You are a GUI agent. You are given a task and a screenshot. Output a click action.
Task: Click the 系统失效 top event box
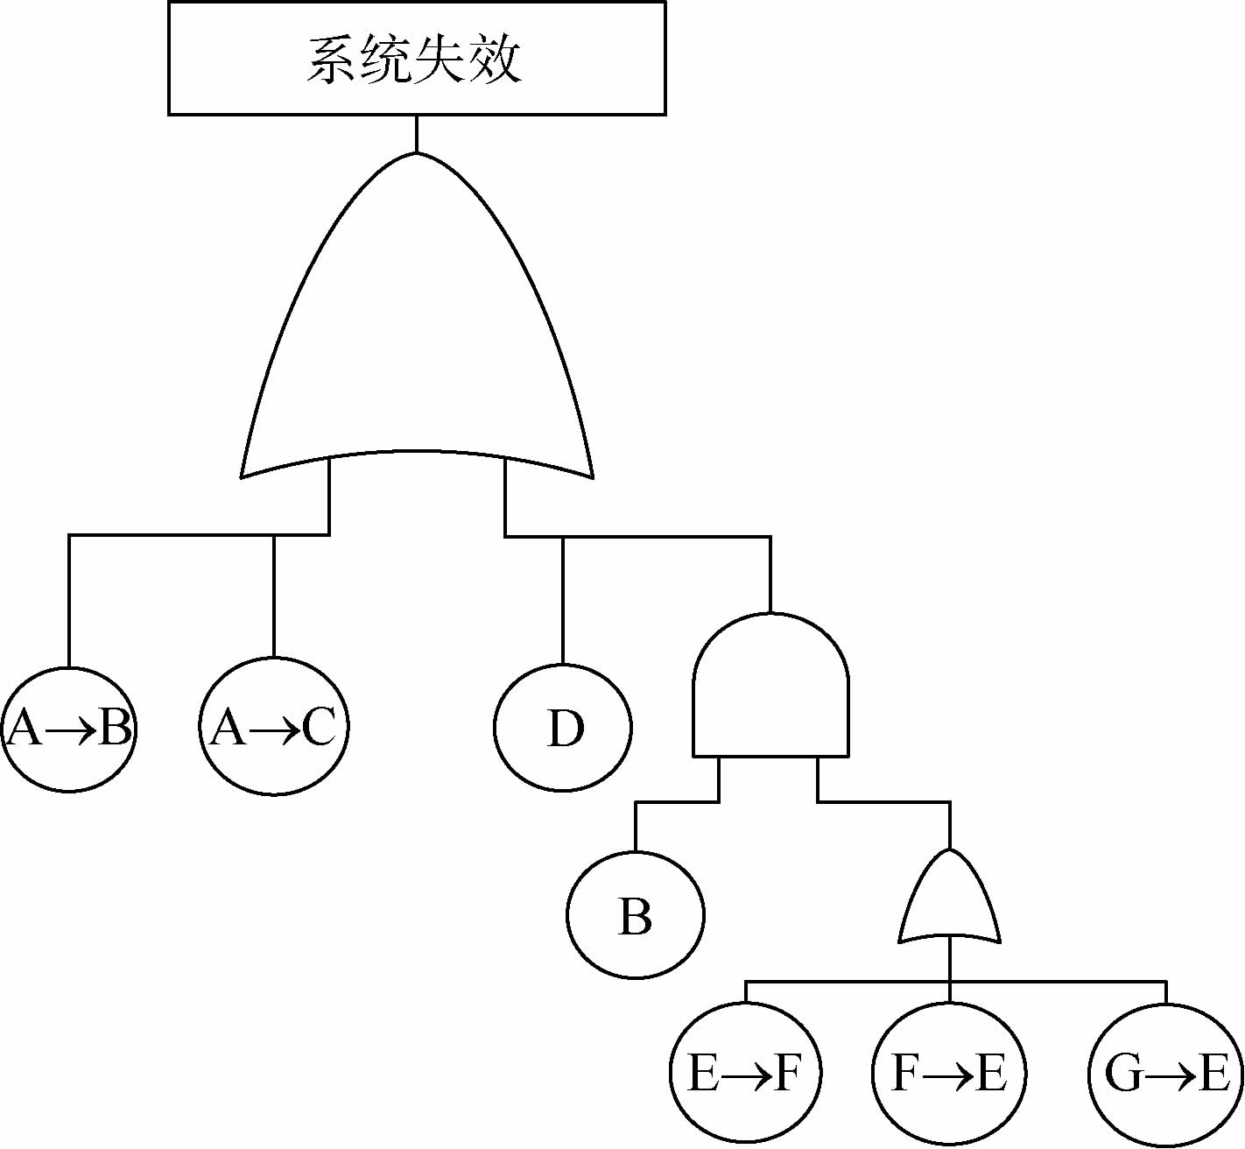417,58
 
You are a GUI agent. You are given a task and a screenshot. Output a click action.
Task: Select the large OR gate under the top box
417,333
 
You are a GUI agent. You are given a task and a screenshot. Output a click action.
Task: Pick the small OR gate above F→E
950,902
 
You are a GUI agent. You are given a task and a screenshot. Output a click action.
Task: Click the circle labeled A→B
69,729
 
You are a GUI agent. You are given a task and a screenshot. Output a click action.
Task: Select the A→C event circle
274,727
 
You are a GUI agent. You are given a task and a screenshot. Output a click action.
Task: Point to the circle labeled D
563,728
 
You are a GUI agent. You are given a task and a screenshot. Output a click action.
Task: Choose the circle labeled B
635,915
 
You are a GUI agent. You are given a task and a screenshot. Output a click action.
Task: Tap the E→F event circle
745,1073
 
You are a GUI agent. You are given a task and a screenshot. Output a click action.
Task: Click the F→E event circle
950,1073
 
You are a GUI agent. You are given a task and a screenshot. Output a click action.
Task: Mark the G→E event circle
1166,1073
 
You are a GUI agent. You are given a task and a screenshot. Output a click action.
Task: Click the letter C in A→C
319,727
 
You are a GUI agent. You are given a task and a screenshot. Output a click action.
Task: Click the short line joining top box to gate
417,133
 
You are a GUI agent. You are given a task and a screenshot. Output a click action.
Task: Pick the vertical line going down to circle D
563,600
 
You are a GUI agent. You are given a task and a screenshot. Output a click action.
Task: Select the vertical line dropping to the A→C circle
274,596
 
